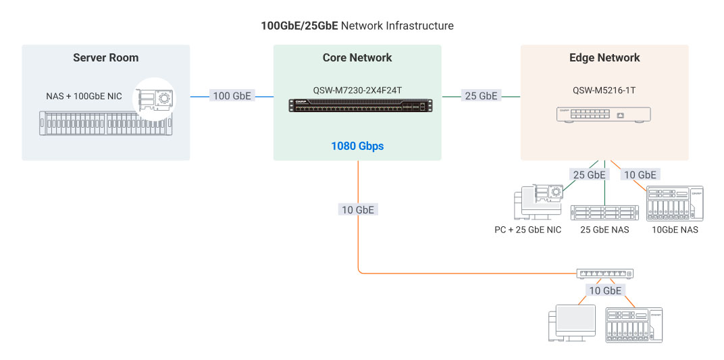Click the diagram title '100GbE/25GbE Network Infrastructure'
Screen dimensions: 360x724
357,26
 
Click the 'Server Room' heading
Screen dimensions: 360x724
106,58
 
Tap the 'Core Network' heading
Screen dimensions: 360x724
357,58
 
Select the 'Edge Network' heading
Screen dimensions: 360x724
604,58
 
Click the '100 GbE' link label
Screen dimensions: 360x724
232,96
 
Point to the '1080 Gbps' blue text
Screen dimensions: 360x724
357,146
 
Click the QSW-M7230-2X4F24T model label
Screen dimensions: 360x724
357,90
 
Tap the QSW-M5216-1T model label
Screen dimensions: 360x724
604,90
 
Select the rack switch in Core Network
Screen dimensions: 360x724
360,105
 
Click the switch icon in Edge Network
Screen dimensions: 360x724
604,115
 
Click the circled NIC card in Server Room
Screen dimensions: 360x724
154,99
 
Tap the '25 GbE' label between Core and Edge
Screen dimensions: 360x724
481,96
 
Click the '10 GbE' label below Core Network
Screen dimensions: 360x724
357,210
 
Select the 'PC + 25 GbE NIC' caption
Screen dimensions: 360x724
527,230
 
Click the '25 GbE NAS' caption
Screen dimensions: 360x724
604,230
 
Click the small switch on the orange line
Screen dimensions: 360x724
605,274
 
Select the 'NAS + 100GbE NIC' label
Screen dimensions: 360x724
80,97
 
